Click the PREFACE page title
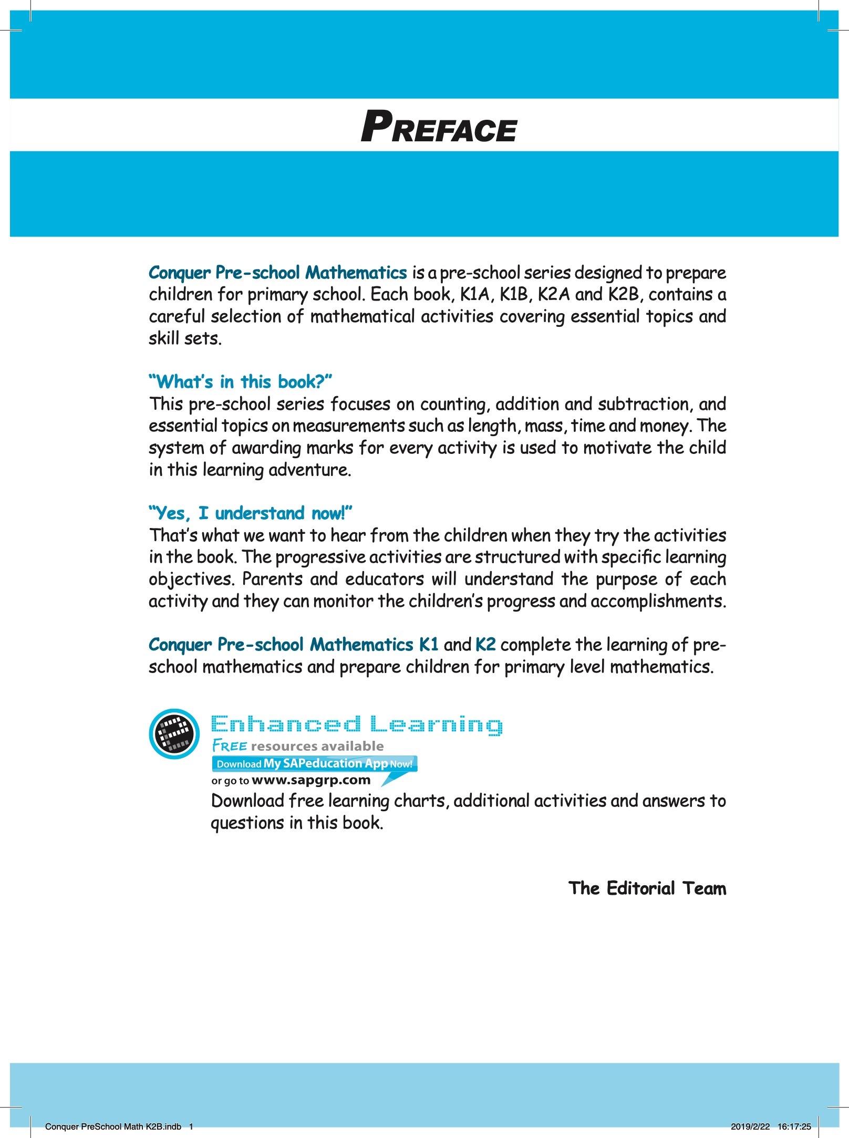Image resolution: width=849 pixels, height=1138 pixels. [438, 128]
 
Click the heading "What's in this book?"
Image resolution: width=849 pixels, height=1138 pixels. [240, 381]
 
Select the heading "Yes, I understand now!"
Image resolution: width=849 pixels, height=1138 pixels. [250, 513]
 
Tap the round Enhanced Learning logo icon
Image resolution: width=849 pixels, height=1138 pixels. [174, 733]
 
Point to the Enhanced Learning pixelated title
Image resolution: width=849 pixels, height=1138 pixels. [356, 725]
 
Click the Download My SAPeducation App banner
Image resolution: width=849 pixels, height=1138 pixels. [314, 763]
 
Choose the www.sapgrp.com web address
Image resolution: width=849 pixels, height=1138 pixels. [311, 780]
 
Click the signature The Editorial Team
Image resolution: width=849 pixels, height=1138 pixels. [647, 888]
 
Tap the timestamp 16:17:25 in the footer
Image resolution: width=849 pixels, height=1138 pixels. [794, 1126]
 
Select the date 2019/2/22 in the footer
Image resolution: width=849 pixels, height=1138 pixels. [750, 1126]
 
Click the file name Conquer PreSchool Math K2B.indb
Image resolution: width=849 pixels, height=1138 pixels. [113, 1126]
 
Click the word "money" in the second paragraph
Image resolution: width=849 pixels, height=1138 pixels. [666, 426]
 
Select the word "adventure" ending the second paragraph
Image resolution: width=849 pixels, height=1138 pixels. [309, 470]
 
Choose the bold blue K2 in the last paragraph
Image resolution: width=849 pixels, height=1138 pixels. [485, 645]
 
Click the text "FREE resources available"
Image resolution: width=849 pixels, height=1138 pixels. [297, 746]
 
